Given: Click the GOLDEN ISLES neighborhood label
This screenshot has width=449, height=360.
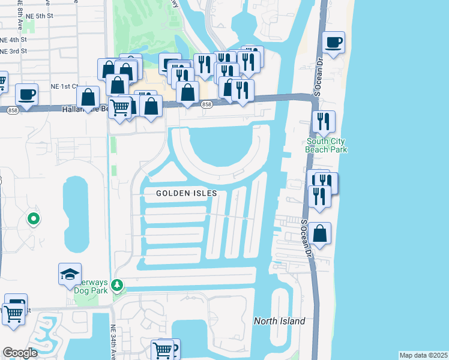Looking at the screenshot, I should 186,194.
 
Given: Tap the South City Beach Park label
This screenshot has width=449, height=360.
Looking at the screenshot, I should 327,145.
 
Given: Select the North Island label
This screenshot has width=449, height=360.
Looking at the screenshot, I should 279,321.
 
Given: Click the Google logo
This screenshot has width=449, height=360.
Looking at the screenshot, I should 20,353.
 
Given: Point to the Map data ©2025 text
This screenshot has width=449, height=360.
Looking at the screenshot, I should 423,355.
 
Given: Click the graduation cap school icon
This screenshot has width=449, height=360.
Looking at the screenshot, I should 70,274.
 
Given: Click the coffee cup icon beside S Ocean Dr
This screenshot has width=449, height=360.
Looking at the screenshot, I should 333,43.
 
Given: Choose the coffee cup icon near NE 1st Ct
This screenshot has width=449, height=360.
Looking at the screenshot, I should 26,94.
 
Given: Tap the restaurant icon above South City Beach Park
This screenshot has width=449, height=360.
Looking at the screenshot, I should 324,122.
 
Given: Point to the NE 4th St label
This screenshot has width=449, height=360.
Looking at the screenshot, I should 12,40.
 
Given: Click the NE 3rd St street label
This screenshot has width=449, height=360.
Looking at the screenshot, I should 13,52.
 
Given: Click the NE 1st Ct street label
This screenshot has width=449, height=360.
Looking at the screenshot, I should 67,86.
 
